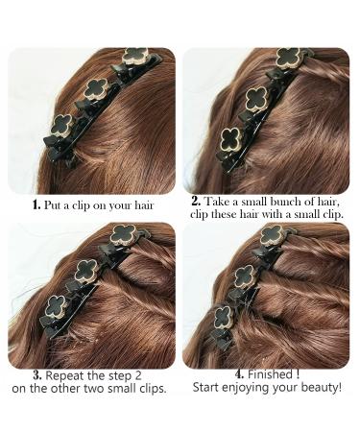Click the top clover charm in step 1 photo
(x=135, y=56)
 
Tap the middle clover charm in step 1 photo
(x=96, y=89)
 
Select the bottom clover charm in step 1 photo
(x=62, y=125)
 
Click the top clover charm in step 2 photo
(x=288, y=58)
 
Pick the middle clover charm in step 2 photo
(x=256, y=98)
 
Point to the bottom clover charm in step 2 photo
(x=231, y=140)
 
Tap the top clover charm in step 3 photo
(x=123, y=235)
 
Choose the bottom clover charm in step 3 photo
(x=56, y=306)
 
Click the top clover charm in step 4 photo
(x=272, y=235)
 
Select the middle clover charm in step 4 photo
(x=245, y=276)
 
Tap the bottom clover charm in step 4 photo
(x=224, y=317)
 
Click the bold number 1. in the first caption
(x=36, y=204)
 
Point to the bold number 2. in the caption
(x=196, y=202)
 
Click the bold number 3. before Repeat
(x=37, y=375)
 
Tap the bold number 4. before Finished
(x=240, y=373)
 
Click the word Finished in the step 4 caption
(x=270, y=373)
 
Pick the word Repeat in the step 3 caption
(x=65, y=376)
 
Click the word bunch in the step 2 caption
(x=286, y=202)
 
